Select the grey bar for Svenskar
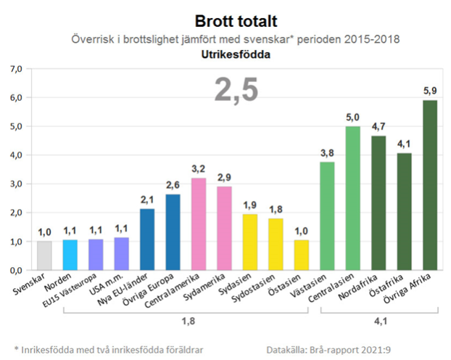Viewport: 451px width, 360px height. click(45, 255)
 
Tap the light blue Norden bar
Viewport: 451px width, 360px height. click(70, 254)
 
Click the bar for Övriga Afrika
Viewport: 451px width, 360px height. click(430, 185)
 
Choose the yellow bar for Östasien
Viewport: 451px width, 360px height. click(301, 255)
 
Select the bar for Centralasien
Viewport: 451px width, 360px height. click(353, 198)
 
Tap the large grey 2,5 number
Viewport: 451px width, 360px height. click(236, 91)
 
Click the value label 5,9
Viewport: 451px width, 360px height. click(430, 92)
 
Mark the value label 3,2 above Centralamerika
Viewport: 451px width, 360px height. click(198, 170)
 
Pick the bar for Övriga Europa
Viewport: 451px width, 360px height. click(173, 232)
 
